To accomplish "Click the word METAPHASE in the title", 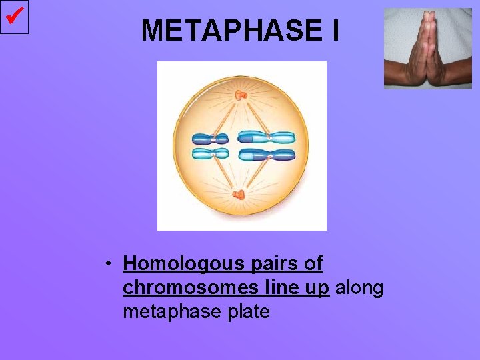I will click(x=231, y=31).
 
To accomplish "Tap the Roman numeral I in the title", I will click(x=333, y=31).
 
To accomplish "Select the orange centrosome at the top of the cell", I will click(x=241, y=96).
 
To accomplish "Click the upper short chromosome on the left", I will click(x=210, y=139).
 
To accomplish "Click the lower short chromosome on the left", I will click(x=210, y=154).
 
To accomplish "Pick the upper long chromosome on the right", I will click(x=267, y=138).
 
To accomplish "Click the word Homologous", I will click(x=175, y=265).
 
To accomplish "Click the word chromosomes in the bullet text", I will click(x=176, y=288).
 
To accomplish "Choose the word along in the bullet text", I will click(x=360, y=288).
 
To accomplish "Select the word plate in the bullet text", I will click(x=247, y=311).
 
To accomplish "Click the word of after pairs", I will click(x=312, y=265).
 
